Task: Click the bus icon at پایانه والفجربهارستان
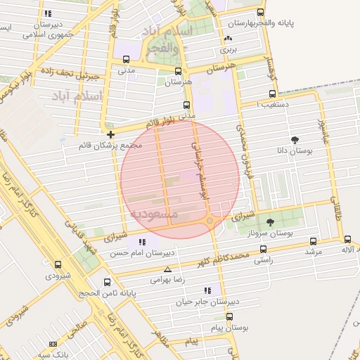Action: pyautogui.click(x=261, y=12)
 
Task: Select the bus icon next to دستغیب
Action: pyautogui.click(x=272, y=94)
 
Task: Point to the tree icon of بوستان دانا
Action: pyautogui.click(x=294, y=139)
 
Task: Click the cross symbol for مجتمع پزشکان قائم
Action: pyautogui.click(x=111, y=134)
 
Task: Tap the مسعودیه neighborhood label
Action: pyautogui.click(x=155, y=212)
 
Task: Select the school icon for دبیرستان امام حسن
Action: pyautogui.click(x=142, y=242)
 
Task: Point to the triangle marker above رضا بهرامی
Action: pyautogui.click(x=167, y=269)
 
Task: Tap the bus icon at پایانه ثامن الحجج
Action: pyautogui.click(x=107, y=282)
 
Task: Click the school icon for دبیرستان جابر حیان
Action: pyautogui.click(x=207, y=290)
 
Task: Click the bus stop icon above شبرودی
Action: pyautogui.click(x=58, y=265)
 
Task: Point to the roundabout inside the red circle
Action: pyautogui.click(x=210, y=221)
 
